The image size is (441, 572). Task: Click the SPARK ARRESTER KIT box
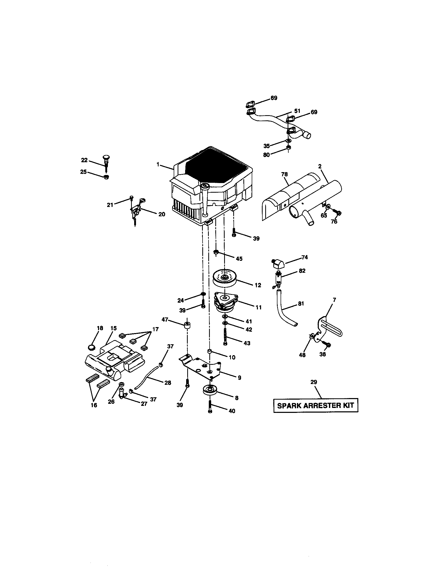pos(316,405)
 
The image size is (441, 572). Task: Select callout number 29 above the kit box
pos(314,382)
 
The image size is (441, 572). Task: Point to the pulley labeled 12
pos(225,278)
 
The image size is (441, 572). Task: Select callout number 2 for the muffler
pos(320,166)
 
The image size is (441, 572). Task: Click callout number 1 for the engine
pos(158,165)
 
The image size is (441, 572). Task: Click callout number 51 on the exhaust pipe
pos(297,111)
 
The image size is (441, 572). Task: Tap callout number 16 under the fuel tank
pos(94,405)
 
